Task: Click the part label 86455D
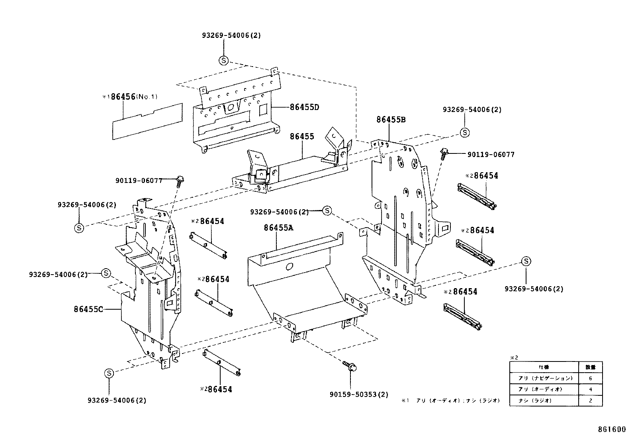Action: tap(305, 107)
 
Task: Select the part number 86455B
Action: tap(391, 119)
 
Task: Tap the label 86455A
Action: tap(278, 228)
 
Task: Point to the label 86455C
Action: tap(88, 309)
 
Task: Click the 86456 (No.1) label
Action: tap(130, 96)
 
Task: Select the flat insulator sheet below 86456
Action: tap(147, 122)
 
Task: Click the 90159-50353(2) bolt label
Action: tap(358, 395)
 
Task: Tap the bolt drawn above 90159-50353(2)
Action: tap(350, 365)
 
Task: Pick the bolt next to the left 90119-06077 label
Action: tap(179, 181)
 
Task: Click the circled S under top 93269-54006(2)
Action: tap(224, 61)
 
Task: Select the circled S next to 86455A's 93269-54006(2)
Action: tap(327, 211)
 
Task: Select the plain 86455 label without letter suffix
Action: tap(302, 136)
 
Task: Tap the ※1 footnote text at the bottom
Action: tap(450, 401)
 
